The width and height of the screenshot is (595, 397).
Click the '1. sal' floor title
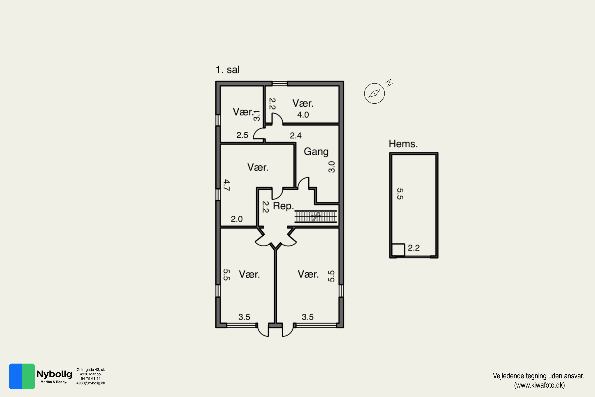(227, 70)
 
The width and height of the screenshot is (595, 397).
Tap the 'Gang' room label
(316, 151)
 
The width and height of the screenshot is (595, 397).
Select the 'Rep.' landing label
(284, 206)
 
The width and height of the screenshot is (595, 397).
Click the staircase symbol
(316, 217)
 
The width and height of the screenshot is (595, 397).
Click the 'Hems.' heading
(403, 144)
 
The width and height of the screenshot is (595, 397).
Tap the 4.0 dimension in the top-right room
(303, 115)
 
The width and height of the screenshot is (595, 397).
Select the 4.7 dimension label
(227, 185)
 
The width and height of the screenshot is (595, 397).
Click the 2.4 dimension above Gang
(296, 135)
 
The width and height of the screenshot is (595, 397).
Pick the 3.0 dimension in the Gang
(331, 167)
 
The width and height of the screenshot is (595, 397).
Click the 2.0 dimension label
(237, 219)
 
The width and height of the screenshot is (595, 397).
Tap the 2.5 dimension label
(242, 135)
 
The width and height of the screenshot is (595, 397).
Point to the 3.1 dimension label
(256, 116)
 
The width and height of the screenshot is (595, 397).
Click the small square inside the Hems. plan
(398, 250)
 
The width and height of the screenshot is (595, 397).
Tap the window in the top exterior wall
(279, 83)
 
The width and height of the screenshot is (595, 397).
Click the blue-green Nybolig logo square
(22, 376)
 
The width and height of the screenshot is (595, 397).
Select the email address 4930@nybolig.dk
(91, 383)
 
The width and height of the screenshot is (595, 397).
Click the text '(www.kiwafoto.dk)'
(539, 385)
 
